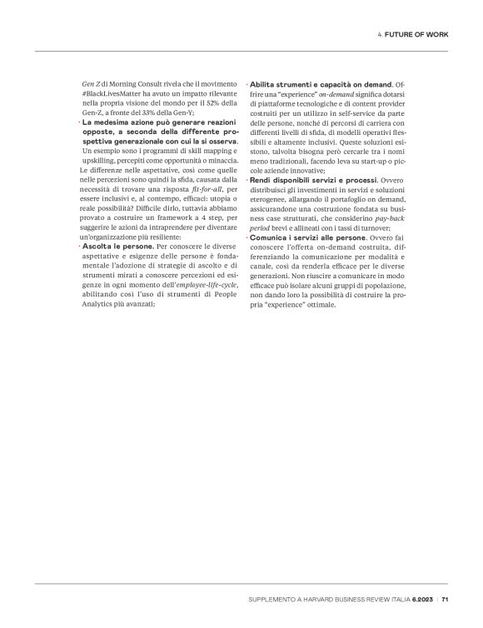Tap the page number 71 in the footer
click(446, 598)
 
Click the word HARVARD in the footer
click(323, 598)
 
